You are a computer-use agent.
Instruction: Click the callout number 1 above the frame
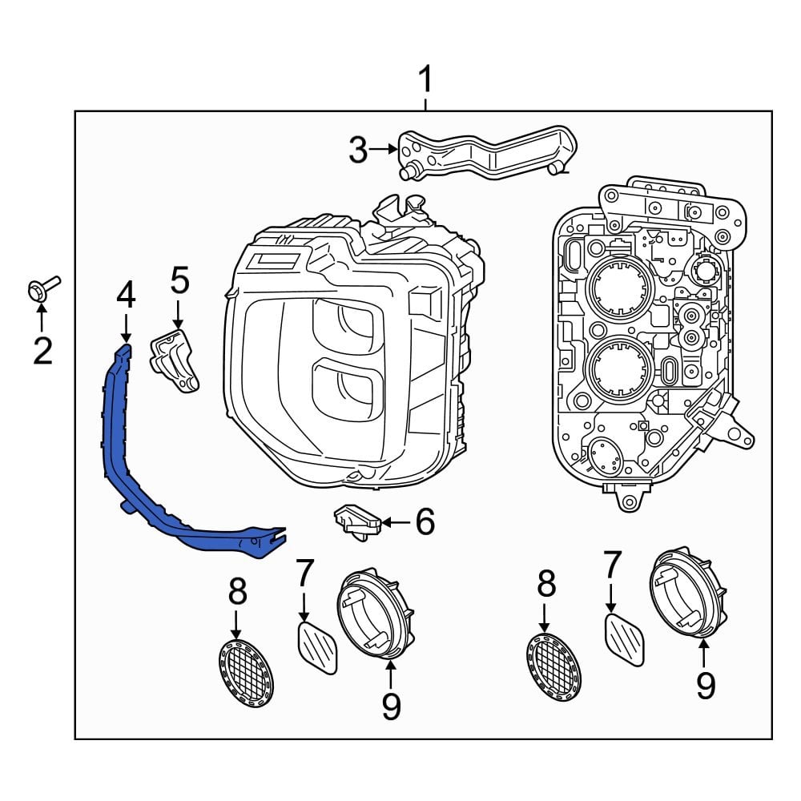426,80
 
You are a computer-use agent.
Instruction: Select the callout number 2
42,349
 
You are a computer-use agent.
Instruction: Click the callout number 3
358,149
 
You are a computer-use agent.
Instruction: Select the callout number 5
179,280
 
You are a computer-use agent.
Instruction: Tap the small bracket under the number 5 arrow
175,361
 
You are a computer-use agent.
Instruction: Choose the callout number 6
424,521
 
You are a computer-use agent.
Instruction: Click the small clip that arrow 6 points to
356,520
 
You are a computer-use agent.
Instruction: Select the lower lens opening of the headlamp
347,384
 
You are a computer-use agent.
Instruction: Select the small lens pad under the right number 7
624,638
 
